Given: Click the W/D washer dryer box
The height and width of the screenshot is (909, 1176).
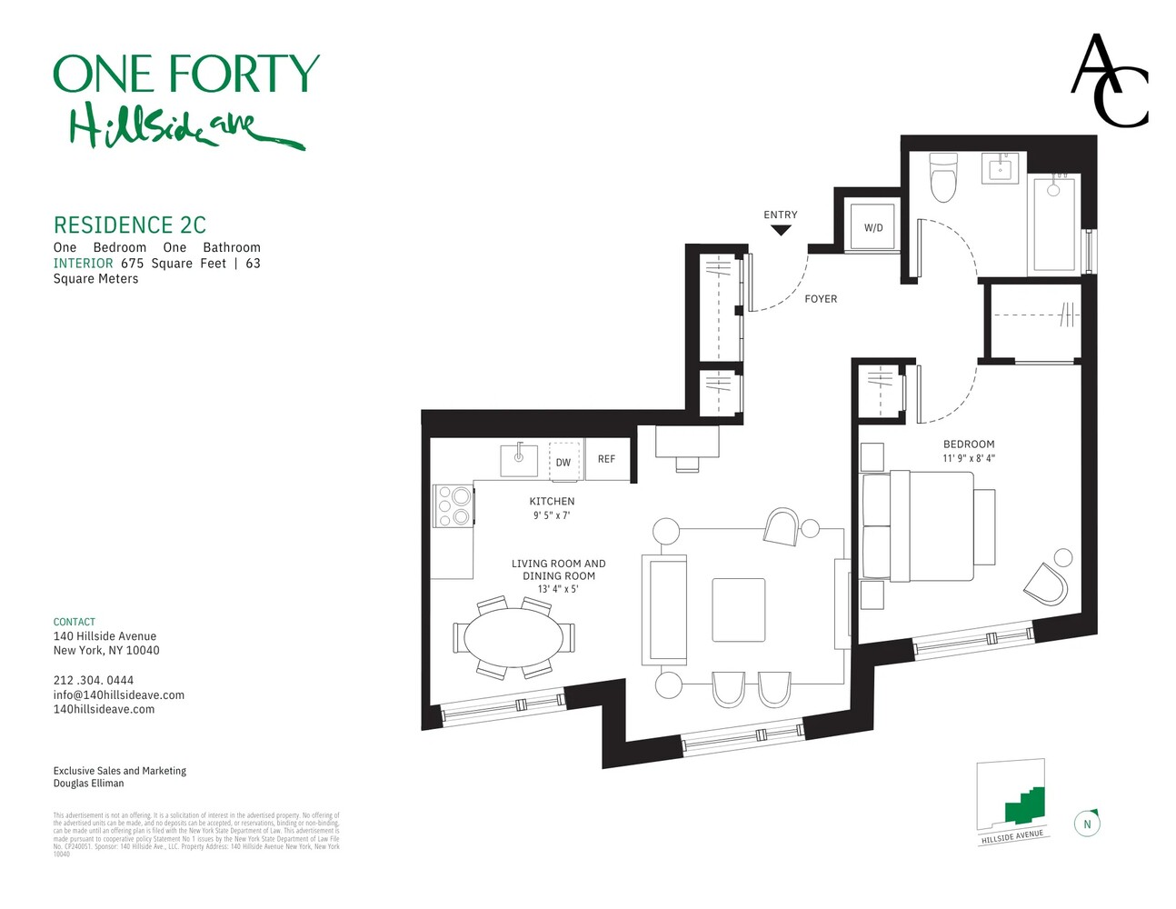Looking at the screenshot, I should pos(872,227).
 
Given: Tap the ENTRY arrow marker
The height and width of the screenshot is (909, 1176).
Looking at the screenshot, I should pos(781,230).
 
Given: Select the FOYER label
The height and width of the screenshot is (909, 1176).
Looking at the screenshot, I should pos(821,298).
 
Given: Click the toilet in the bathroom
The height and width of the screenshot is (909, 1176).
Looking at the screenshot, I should pos(943,178).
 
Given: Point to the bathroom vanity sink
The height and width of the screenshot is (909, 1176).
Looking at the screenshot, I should pos(1003,168).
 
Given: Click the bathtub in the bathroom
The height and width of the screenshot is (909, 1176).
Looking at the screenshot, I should pos(1054,224).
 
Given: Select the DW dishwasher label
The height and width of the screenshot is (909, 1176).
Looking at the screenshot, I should pos(563,462).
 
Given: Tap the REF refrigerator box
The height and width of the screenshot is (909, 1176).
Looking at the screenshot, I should pos(606,459).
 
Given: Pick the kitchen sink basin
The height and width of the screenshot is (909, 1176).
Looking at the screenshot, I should pos(519,460).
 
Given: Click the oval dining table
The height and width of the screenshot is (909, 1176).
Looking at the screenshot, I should pos(513,637).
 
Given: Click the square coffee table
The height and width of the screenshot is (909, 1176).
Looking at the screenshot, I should pos(738,609).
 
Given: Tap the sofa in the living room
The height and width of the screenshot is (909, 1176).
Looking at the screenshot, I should pos(664,608).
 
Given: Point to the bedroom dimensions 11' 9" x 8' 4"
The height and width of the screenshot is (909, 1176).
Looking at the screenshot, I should pos(969,458).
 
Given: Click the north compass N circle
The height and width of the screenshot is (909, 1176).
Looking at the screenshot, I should pos(1087,824).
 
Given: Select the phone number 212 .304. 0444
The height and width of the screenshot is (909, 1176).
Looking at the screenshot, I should pos(94,680).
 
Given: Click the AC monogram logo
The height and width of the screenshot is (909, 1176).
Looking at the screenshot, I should pos(1109,81).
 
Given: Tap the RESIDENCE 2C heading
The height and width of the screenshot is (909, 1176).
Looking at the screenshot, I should pos(130,225).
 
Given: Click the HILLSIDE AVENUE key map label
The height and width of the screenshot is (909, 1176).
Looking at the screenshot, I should pos(1012,836).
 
